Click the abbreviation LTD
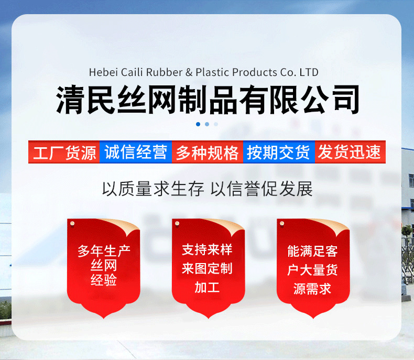308,72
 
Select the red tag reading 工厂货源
64,152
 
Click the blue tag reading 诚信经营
136,152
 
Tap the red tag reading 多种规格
207,152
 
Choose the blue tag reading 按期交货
279,152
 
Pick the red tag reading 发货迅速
350,152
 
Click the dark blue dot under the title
198,124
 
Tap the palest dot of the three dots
216,124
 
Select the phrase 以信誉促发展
262,189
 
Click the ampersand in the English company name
190,72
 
